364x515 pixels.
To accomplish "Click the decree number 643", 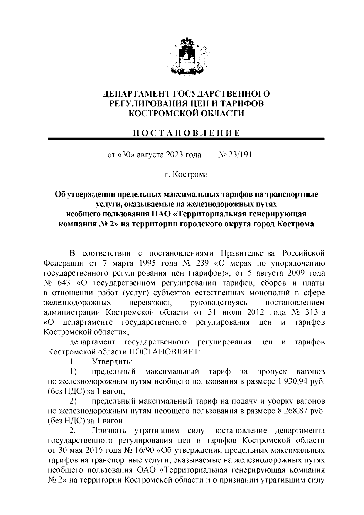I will coord(63,283).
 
